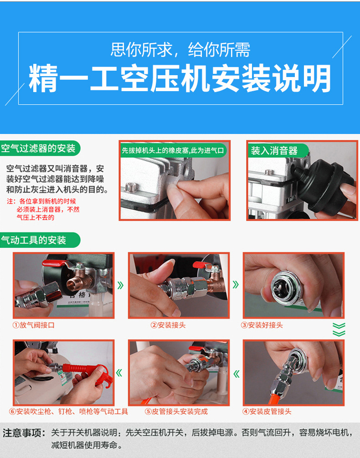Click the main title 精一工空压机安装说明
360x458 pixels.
pyautogui.click(x=180, y=78)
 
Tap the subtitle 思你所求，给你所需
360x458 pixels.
pyautogui.click(x=180, y=50)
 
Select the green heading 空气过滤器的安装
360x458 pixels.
pyautogui.click(x=38, y=149)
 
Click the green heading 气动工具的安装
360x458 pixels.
pyautogui.click(x=33, y=240)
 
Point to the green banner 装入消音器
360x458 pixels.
pyautogui.click(x=274, y=150)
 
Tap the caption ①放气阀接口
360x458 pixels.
pyautogui.click(x=33, y=325)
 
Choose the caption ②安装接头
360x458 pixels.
pyautogui.click(x=168, y=325)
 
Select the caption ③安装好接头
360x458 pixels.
pyautogui.click(x=262, y=325)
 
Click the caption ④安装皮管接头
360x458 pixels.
pyautogui.click(x=267, y=412)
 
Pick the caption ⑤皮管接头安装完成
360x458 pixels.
pyautogui.click(x=176, y=412)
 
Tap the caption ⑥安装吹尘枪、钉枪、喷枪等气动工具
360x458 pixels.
pyautogui.click(x=69, y=412)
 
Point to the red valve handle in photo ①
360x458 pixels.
pyautogui.click(x=55, y=263)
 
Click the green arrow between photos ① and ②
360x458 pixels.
pyautogui.click(x=120, y=285)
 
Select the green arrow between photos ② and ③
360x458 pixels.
pyautogui.click(x=236, y=284)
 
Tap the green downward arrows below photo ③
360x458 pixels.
pyautogui.click(x=339, y=329)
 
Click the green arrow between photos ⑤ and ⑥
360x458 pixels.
pyautogui.click(x=119, y=373)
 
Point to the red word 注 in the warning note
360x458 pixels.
pyautogui.click(x=10, y=201)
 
